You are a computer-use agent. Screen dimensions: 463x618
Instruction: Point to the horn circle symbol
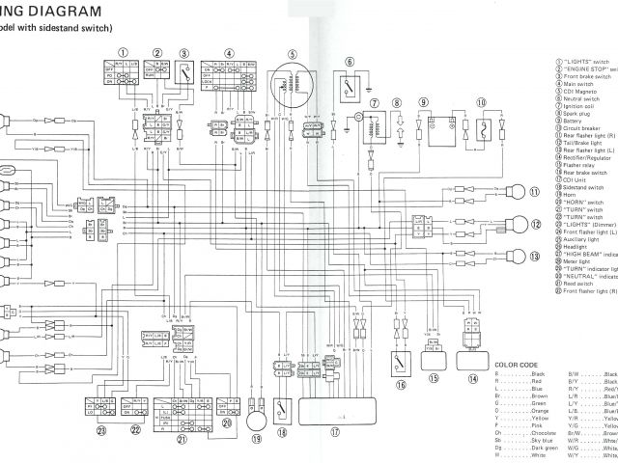(x=257, y=420)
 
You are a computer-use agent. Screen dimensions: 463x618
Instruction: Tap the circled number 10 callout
(x=479, y=101)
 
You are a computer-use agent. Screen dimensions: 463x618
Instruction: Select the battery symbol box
(x=436, y=125)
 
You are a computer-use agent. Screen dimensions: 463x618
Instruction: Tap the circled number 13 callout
(x=534, y=256)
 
